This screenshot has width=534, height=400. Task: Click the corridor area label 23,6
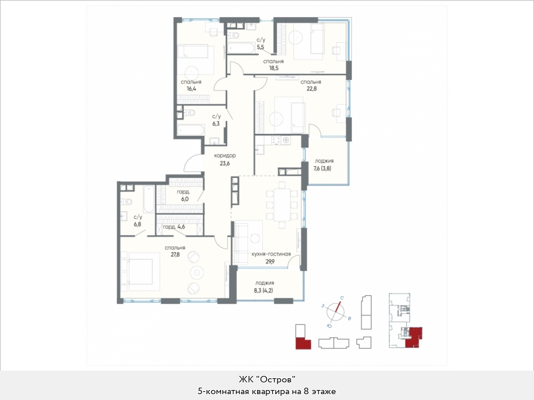(225, 163)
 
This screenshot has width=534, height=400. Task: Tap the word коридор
(225, 156)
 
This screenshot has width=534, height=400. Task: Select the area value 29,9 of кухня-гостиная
(270, 261)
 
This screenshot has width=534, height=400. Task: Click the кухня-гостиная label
(271, 254)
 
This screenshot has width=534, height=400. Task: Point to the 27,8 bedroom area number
(175, 254)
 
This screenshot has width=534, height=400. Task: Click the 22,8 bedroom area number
(311, 89)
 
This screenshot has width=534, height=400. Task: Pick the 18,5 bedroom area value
(273, 68)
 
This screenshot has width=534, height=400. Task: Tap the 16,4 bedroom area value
(191, 89)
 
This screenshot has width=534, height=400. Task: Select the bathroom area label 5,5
(261, 47)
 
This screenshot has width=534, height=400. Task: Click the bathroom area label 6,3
(216, 123)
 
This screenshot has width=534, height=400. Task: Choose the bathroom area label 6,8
(138, 224)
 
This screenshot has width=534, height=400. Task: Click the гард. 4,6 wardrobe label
(173, 227)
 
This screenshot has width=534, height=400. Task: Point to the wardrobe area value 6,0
(185, 199)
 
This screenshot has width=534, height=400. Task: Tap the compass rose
(336, 311)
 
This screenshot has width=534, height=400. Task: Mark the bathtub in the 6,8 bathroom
(149, 199)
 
